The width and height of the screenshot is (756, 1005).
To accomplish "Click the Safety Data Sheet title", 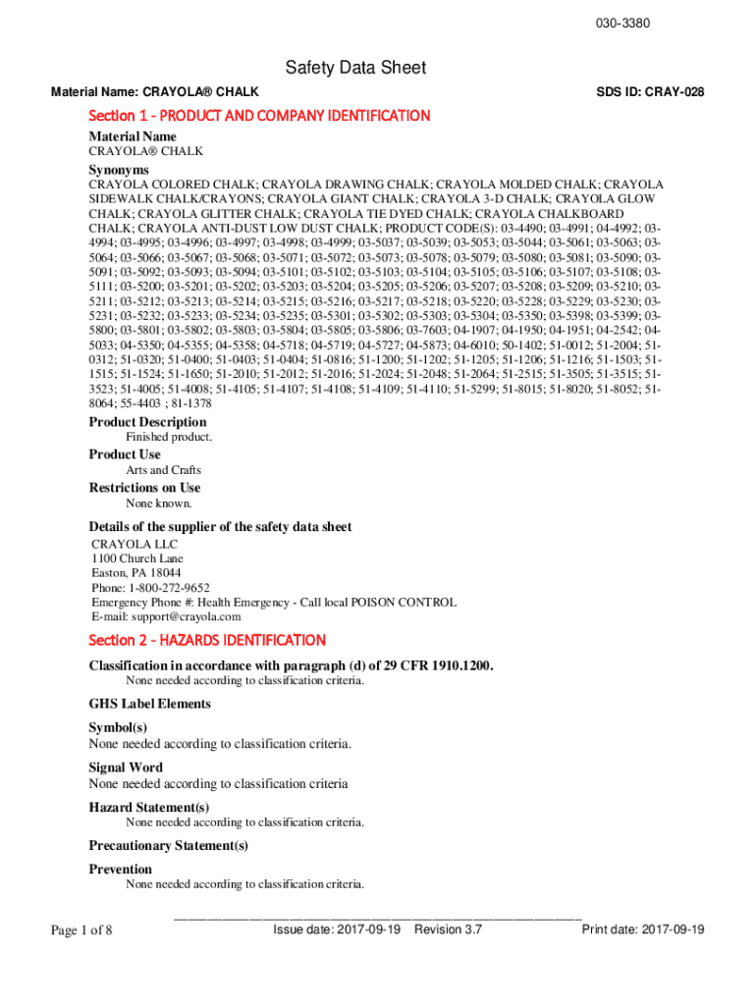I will pyautogui.click(x=355, y=68).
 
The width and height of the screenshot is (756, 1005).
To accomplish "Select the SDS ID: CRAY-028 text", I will pyautogui.click(x=650, y=92).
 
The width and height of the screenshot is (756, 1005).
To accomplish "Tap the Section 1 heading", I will pyautogui.click(x=259, y=116).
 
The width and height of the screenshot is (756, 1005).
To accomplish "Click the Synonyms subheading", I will pyautogui.click(x=119, y=170).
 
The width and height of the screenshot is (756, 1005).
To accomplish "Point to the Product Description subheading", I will pyautogui.click(x=147, y=422).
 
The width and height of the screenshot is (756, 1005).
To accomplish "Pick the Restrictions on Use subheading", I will pyautogui.click(x=144, y=488).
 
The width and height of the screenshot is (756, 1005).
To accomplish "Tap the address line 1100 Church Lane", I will pyautogui.click(x=137, y=558).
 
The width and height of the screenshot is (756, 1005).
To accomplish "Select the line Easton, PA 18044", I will pyautogui.click(x=135, y=573).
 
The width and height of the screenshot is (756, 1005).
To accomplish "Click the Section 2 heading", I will pyautogui.click(x=207, y=641).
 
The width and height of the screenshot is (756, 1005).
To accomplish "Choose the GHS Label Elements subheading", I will pyautogui.click(x=149, y=704).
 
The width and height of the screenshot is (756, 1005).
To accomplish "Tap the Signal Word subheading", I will pyautogui.click(x=126, y=767).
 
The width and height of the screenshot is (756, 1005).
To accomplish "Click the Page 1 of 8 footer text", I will pyautogui.click(x=81, y=930).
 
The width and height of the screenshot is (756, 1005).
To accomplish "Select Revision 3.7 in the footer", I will pyautogui.click(x=449, y=929).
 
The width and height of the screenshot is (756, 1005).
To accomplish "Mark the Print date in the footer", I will pyautogui.click(x=643, y=929).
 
